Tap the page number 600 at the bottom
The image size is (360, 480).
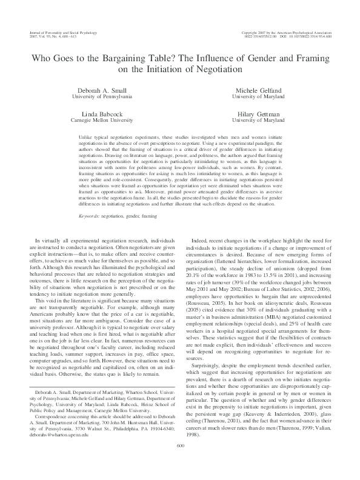179,462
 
